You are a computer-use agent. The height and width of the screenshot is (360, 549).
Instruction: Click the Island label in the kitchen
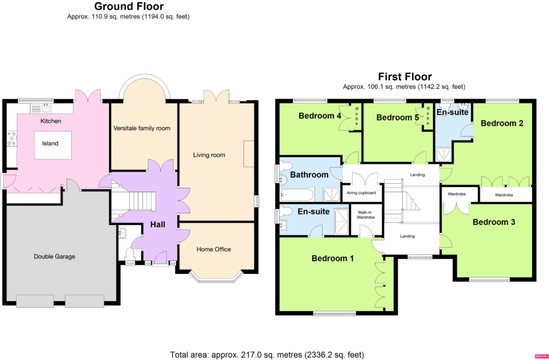pos(50,144)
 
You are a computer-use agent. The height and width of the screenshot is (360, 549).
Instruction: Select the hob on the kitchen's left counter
pos(12,138)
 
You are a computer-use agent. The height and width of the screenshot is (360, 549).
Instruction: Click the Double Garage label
pos(54,257)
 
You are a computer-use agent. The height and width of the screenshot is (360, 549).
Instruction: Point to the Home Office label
pos(213,249)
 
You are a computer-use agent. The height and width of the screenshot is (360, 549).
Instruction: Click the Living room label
pos(209,155)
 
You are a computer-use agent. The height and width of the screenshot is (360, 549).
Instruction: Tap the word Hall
pos(158,224)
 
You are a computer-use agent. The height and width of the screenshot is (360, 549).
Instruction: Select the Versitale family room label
pos(142,129)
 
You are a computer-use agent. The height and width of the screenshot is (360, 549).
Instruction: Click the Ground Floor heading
pos(129,6)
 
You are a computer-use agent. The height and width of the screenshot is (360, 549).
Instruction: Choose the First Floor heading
pos(405,77)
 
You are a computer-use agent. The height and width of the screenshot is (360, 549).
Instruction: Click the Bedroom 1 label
pos(332,259)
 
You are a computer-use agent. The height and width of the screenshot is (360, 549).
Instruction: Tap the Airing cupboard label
pos(361,193)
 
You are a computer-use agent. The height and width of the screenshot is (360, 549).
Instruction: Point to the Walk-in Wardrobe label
pos(366,214)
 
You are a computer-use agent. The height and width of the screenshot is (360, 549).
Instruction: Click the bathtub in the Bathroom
pos(298,194)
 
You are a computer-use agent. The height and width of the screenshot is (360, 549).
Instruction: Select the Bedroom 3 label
pos(494,222)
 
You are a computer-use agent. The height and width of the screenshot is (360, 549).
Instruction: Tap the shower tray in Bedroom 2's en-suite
pos(443,154)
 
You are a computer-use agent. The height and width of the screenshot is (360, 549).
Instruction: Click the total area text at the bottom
pos(267,355)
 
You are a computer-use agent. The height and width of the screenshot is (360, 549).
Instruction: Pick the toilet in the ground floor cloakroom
pos(130,253)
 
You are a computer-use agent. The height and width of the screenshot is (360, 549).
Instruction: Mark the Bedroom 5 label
pos(397,117)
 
